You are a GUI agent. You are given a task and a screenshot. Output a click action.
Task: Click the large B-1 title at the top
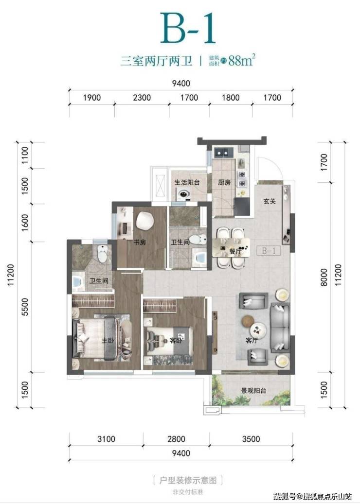click(188, 28)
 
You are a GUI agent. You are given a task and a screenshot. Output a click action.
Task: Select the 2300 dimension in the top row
click(142, 97)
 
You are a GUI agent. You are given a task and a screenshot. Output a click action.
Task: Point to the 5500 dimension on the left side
click(25, 307)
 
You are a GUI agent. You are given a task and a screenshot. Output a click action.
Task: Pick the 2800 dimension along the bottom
click(176, 439)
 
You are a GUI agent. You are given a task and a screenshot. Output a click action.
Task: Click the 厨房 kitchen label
click(224, 182)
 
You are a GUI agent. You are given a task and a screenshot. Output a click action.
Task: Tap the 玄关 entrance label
click(270, 202)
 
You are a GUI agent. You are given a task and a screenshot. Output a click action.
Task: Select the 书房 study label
click(140, 242)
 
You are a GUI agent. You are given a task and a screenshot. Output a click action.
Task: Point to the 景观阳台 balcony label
click(254, 391)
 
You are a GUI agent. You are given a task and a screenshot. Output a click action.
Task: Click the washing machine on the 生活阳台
click(184, 194)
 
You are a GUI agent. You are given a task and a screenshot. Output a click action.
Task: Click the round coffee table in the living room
click(258, 329)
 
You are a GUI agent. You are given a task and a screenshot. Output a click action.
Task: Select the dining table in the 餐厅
click(231, 247)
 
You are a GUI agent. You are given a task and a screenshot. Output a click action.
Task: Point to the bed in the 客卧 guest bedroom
click(169, 341)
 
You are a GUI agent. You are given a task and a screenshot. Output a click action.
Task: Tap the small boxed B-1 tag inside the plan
click(269, 250)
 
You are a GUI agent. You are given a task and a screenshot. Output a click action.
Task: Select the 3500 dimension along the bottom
click(251, 439)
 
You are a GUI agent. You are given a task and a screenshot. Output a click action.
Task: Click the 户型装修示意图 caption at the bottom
click(188, 481)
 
